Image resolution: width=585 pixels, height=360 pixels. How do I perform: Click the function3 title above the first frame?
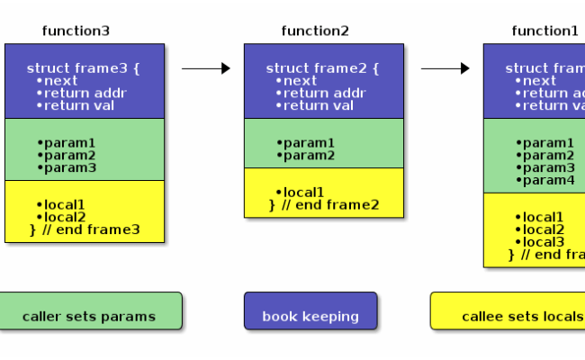[x=76, y=31]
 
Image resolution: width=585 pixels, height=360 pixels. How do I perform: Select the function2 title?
[x=315, y=31]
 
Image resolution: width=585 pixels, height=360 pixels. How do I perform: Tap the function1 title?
[x=545, y=31]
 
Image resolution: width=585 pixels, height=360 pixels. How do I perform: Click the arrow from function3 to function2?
[x=205, y=68]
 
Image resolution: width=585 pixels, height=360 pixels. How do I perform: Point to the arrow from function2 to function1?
[x=445, y=68]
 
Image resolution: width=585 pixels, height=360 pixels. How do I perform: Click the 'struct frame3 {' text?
[x=84, y=68]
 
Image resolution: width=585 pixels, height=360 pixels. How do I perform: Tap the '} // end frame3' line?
[x=85, y=229]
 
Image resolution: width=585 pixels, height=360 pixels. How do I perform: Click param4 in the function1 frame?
[x=545, y=180]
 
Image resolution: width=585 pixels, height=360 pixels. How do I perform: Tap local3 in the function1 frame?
[x=540, y=241]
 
